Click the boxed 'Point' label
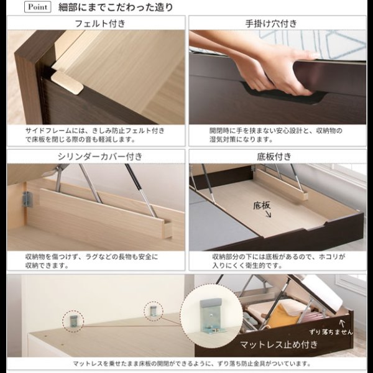[x=37, y=7]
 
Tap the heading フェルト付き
[x=100, y=24]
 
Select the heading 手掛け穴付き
[x=271, y=24]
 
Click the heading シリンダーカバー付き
[x=100, y=157]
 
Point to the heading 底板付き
[x=274, y=157]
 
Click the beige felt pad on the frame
[x=67, y=83]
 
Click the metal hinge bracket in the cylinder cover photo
[x=27, y=199]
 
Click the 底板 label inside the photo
[x=262, y=206]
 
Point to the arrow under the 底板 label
[x=268, y=214]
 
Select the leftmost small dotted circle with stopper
[x=73, y=321]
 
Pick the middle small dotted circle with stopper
[x=154, y=311]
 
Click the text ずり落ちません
[x=331, y=331]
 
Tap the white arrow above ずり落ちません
[x=342, y=323]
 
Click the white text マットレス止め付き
[x=279, y=344]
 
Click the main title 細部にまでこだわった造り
[x=116, y=7]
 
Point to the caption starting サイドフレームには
[x=95, y=135]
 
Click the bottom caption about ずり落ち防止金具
[x=191, y=364]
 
